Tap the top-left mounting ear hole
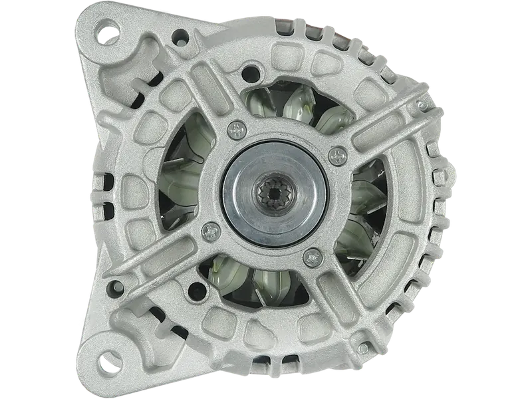(106, 31)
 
